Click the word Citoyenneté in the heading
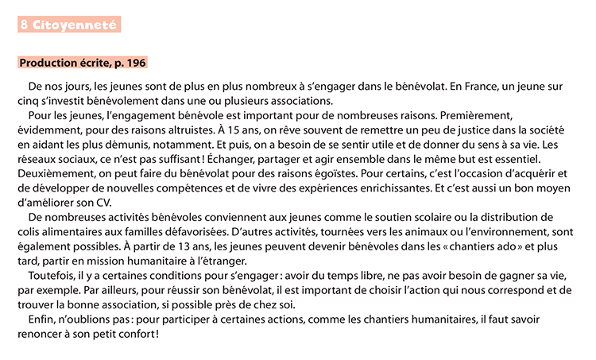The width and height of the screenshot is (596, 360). point(76,25)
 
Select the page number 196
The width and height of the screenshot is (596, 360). point(136,62)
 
